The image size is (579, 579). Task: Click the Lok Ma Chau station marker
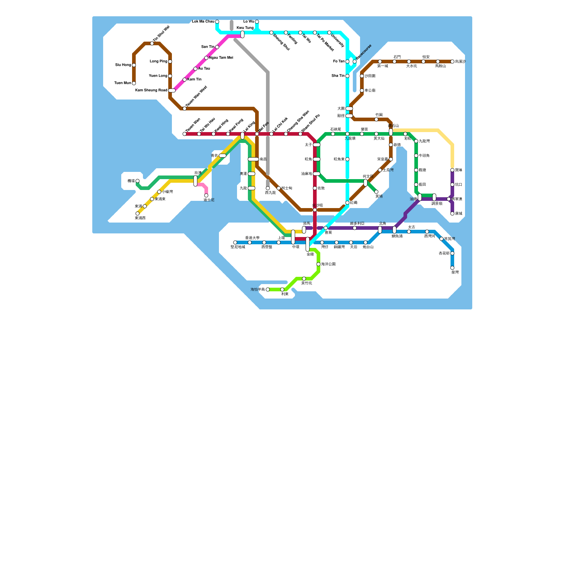pyautogui.click(x=217, y=22)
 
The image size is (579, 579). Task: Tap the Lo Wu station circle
pyautogui.click(x=257, y=22)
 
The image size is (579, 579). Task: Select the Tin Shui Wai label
pyautogui.click(x=161, y=33)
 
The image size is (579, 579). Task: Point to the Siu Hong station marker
pyautogui.click(x=134, y=65)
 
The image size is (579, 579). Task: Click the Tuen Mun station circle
pyautogui.click(x=134, y=83)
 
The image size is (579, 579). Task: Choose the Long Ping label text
pyautogui.click(x=159, y=62)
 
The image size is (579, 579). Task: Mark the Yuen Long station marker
pyautogui.click(x=170, y=76)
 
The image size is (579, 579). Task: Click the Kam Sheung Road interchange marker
pyautogui.click(x=172, y=90)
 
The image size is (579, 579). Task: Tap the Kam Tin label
pyautogui.click(x=195, y=80)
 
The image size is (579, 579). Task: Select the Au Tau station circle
pyautogui.click(x=195, y=69)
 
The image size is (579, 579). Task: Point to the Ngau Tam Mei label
pyautogui.click(x=221, y=58)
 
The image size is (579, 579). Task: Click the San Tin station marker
pyautogui.click(x=217, y=47)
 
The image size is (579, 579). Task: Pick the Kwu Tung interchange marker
pyautogui.click(x=242, y=34)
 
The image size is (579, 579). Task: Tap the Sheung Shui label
pyautogui.click(x=282, y=42)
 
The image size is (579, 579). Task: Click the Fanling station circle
pyautogui.click(x=286, y=33)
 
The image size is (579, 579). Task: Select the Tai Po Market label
pyautogui.click(x=325, y=43)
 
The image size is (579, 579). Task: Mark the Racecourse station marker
pyautogui.click(x=355, y=62)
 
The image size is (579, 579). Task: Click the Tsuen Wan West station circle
pyautogui.click(x=185, y=109)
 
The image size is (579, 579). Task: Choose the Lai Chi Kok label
pyautogui.click(x=280, y=124)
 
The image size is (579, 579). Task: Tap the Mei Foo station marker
pyautogui.click(x=257, y=134)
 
